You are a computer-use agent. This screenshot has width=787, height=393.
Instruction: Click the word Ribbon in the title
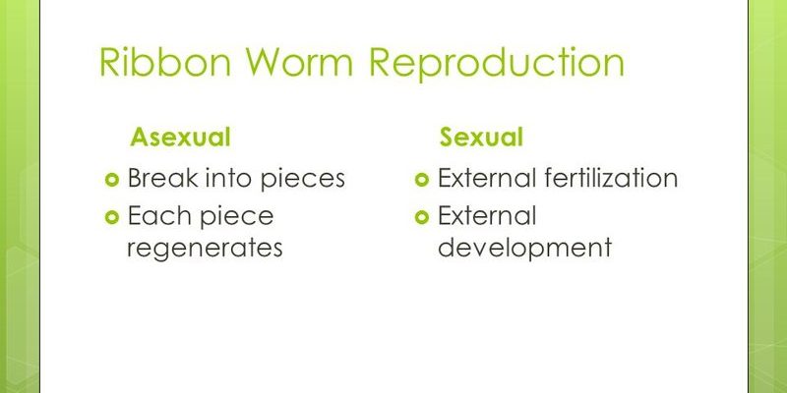click(x=165, y=62)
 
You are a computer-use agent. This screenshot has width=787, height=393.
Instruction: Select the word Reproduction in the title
click(x=497, y=63)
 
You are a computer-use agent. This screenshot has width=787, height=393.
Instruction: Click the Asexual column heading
click(x=180, y=137)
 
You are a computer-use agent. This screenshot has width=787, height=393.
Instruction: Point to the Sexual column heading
click(x=481, y=137)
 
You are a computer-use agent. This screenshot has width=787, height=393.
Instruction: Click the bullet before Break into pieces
click(x=111, y=179)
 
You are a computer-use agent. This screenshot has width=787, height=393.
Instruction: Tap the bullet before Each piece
click(x=111, y=217)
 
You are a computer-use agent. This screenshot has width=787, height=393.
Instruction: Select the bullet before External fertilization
click(x=422, y=179)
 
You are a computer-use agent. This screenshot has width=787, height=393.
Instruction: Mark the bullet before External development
click(x=422, y=217)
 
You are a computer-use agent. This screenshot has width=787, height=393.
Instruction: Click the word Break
click(x=163, y=178)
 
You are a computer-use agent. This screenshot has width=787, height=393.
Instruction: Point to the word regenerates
click(x=205, y=249)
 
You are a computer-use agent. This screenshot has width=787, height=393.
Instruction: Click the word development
click(x=525, y=249)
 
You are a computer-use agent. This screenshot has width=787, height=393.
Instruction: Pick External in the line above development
click(x=487, y=215)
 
